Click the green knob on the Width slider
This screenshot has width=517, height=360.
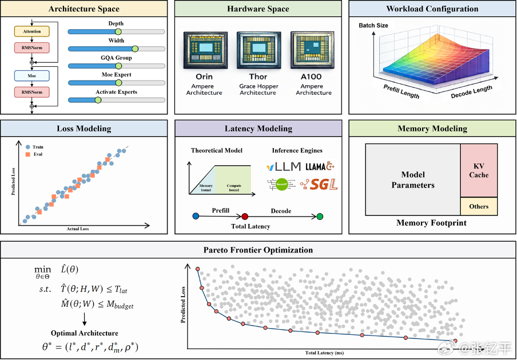point(135,49)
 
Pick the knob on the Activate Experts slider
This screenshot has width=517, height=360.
point(97,100)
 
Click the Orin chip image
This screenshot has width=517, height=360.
point(201,51)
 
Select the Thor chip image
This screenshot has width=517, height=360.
point(257,51)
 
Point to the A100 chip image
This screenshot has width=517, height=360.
point(313,51)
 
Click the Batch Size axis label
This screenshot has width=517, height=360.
point(373,26)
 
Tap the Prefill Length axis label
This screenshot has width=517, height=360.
point(401,90)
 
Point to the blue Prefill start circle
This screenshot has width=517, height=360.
point(196,217)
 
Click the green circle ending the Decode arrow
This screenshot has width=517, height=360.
point(320,217)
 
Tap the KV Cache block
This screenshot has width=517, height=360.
point(479,170)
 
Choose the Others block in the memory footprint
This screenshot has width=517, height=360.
point(479,206)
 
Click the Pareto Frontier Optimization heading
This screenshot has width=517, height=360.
point(258,250)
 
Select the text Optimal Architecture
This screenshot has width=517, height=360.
point(85,333)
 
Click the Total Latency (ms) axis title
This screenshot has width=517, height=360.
point(325,353)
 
